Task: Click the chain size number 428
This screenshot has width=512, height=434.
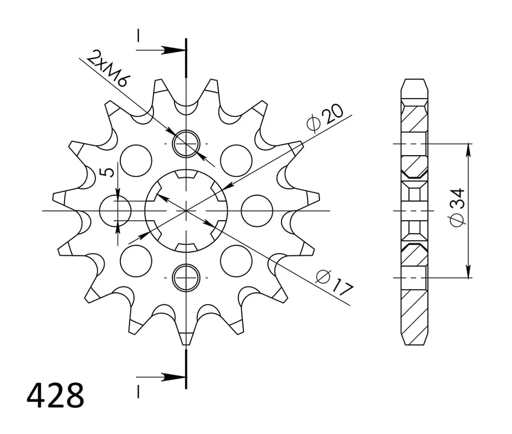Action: pos(55,396)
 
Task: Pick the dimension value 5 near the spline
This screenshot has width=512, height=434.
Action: pos(108,173)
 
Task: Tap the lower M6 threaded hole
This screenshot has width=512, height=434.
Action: pos(185,277)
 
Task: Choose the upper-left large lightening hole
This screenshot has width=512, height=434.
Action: pos(136,161)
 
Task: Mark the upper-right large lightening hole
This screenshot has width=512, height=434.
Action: pos(236,161)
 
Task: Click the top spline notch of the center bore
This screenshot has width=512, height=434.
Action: pos(185,175)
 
